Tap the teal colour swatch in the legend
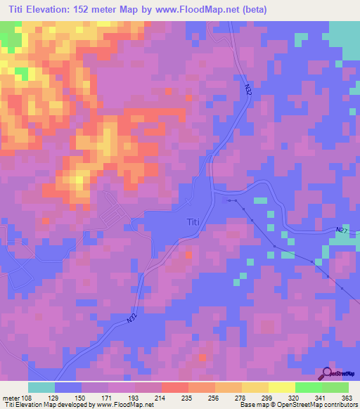pyautogui.click(x=41, y=387)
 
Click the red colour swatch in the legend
pyautogui.click(x=174, y=387)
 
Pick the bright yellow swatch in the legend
pyautogui.click(x=281, y=387)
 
